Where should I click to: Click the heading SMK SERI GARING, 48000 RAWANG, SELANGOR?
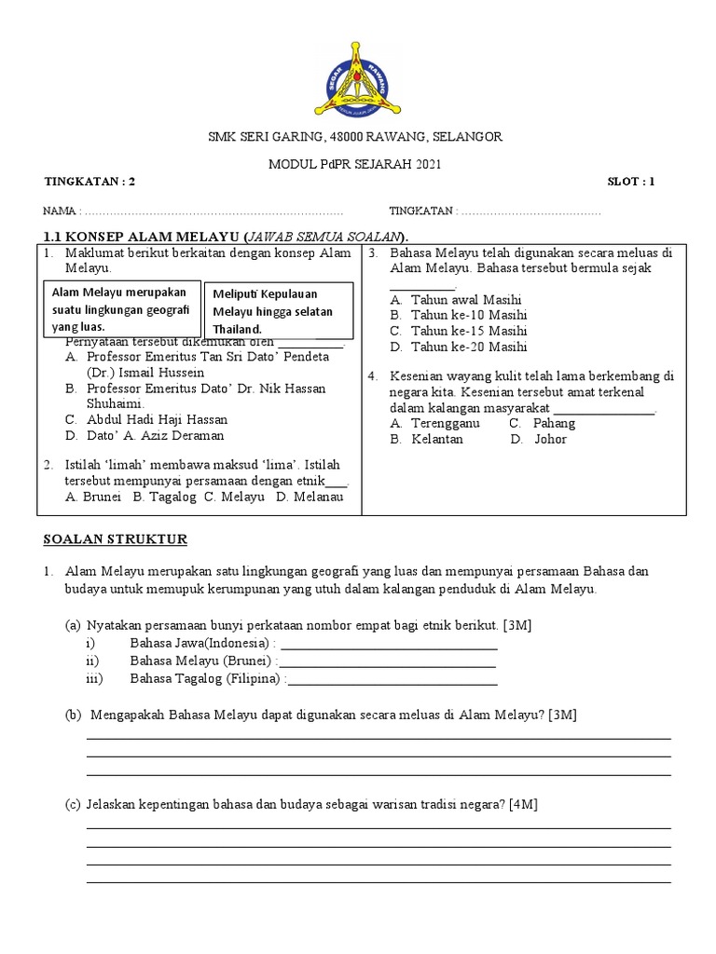tap(354, 137)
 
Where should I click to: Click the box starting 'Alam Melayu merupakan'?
tap(123, 309)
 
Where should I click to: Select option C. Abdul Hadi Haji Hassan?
tap(146, 419)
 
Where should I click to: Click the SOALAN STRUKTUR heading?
tap(116, 539)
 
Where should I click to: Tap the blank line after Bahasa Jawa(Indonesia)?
tap(389, 646)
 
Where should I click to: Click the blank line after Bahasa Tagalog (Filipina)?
tap(392, 681)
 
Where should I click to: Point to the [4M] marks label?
tap(526, 804)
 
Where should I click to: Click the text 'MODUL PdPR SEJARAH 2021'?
tap(355, 165)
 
